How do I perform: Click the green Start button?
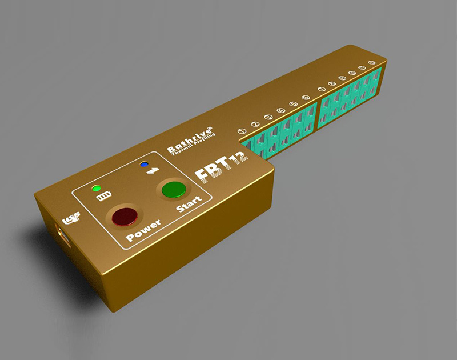(174, 189)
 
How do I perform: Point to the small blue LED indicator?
(143, 165)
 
